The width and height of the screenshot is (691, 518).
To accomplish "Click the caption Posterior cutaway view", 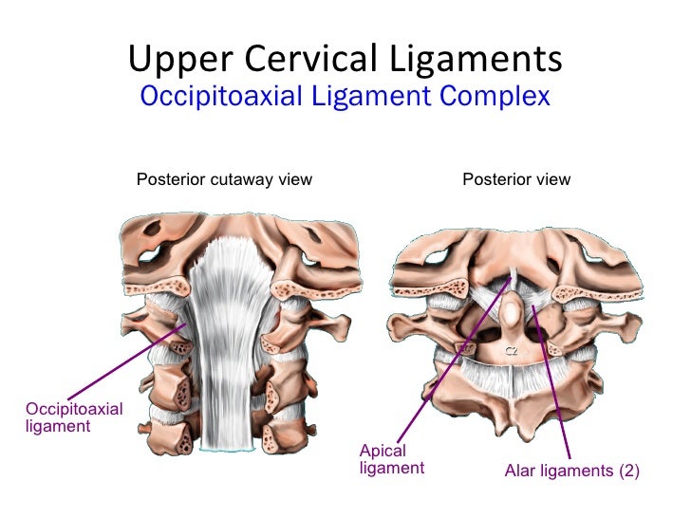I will pyautogui.click(x=224, y=179).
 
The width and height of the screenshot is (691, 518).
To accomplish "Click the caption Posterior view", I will pyautogui.click(x=516, y=179).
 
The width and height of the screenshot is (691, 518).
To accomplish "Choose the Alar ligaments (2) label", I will pyautogui.click(x=571, y=470).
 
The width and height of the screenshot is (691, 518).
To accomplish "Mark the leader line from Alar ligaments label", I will pyautogui.click(x=553, y=379).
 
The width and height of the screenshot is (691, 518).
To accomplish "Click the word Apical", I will pyautogui.click(x=383, y=452).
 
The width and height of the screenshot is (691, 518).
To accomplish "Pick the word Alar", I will pyautogui.click(x=518, y=470).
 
